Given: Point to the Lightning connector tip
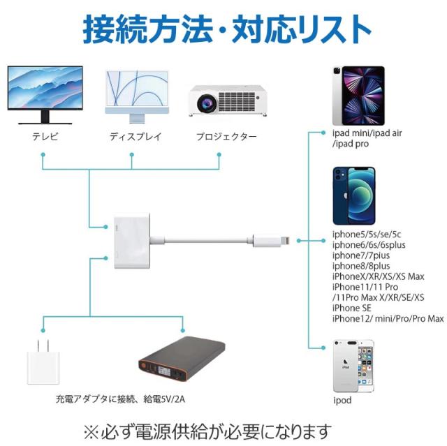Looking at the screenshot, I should click(288, 240).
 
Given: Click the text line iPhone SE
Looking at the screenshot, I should click(352, 308).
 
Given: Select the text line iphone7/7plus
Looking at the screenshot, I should click(360, 255).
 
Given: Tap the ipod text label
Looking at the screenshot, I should click(342, 401).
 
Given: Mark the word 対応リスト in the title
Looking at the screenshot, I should click(301, 29).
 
